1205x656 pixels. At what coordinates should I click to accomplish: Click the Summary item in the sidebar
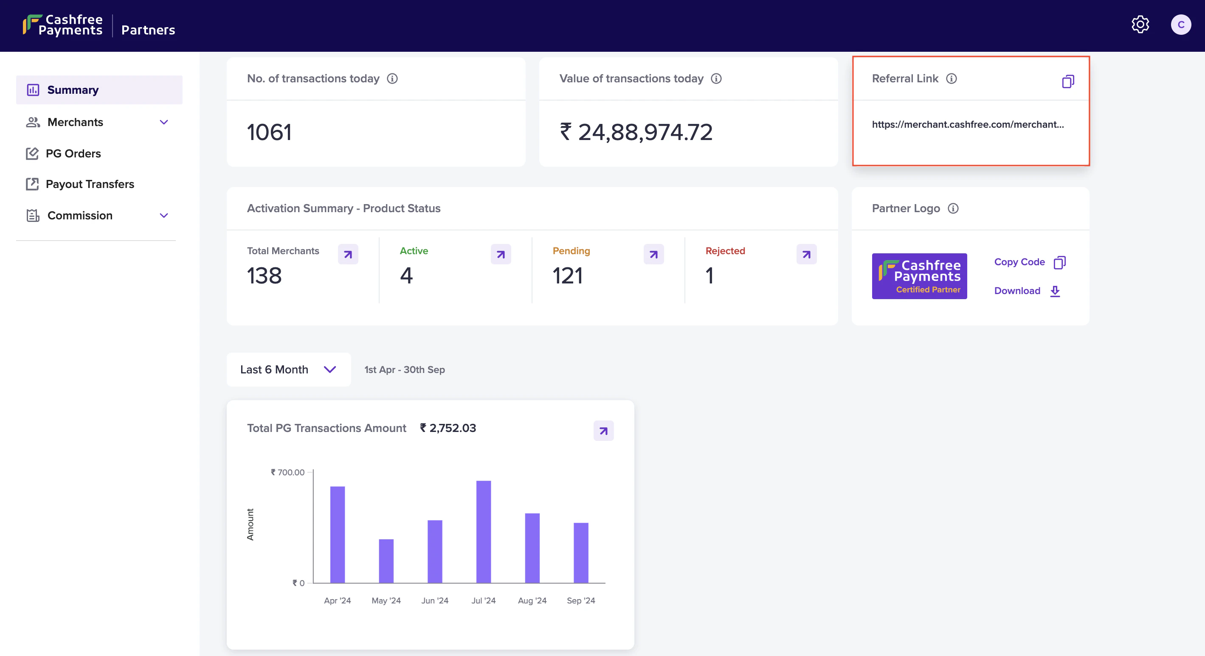73,90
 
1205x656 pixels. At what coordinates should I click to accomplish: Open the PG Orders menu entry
73,153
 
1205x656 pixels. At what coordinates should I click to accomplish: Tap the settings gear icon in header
1140,24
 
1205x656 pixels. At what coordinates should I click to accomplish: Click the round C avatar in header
1181,25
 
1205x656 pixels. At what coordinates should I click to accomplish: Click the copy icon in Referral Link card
1068,81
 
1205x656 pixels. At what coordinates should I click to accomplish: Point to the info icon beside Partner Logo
953,208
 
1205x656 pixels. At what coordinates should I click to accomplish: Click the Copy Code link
1019,262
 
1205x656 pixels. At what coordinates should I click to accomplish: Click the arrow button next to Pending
653,254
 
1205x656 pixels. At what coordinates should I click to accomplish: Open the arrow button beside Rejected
806,254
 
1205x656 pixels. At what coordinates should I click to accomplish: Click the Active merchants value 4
406,275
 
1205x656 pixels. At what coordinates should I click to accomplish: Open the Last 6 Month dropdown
288,370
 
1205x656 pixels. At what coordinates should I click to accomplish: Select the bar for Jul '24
483,532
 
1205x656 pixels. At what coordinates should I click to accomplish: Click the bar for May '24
386,561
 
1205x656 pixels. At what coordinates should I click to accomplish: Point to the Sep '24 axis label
580,600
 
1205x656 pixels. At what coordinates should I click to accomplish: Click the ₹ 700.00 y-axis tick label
288,472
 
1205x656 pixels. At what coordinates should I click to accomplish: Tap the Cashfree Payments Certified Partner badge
919,276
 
